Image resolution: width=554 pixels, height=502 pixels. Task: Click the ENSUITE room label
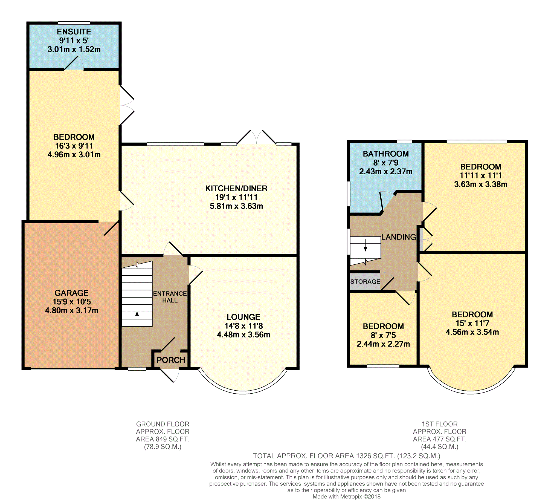coord(74,32)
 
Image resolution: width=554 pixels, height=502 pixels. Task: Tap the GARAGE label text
coord(71,293)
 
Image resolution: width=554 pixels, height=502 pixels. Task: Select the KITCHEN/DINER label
coord(236,188)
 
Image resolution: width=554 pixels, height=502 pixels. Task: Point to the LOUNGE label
coord(243,317)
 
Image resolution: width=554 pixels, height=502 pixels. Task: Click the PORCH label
coord(171,360)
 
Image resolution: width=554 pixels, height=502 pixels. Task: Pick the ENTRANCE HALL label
coord(170,297)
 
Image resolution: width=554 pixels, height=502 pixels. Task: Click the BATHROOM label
coord(386,154)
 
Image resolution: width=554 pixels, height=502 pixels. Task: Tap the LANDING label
coord(399,237)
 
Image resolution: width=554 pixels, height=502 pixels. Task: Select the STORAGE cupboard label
coord(365,281)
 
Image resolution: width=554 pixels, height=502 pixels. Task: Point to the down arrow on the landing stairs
coord(366,245)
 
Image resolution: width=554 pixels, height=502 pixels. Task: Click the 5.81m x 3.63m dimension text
coord(236,206)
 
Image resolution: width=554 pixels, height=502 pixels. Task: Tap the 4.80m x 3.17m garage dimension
coord(71,310)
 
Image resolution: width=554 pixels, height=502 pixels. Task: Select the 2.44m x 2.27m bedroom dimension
coord(383,344)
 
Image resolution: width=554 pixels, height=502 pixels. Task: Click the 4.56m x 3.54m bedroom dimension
coord(472,332)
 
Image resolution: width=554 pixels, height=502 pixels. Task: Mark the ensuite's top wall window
coord(74,23)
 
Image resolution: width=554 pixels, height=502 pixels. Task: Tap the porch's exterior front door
coord(169,375)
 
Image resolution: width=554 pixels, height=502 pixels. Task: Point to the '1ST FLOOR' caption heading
coord(440,424)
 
